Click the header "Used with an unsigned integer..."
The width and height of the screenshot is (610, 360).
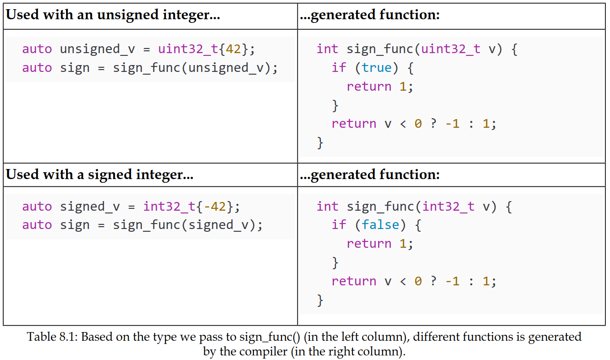coord(113,15)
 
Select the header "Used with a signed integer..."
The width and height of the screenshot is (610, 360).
coord(99,175)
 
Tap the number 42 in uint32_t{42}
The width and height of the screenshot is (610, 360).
coord(233,49)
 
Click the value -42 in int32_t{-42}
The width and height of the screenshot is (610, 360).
coord(214,207)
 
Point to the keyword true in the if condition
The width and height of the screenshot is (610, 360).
coord(377,68)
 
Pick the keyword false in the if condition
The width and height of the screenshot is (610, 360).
coord(380,225)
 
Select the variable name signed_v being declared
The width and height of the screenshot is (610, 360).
coord(90,207)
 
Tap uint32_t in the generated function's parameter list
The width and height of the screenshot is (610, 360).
coord(451,49)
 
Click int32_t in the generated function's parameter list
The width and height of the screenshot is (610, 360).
coord(448,207)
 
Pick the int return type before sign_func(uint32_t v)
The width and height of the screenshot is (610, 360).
coord(327,49)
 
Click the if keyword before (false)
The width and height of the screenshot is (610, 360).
coord(339,225)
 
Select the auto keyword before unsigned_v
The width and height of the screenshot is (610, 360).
coord(37,49)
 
